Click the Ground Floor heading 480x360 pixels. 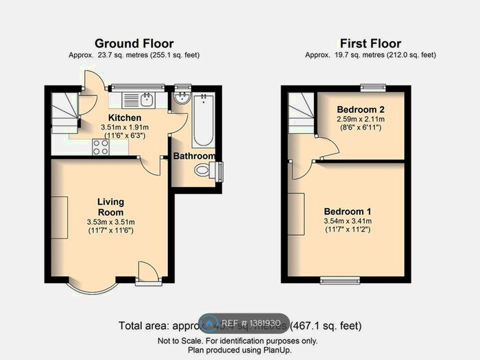[134, 44]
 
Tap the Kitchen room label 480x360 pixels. [100, 118]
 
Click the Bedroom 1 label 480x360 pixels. [348, 211]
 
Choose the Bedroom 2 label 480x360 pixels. [361, 110]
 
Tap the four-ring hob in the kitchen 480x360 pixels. [100, 146]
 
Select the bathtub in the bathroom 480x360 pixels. [204, 122]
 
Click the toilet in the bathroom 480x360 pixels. [205, 171]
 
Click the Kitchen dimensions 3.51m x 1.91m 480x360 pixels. [100, 127]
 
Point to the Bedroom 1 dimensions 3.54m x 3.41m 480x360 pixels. [348, 221]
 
